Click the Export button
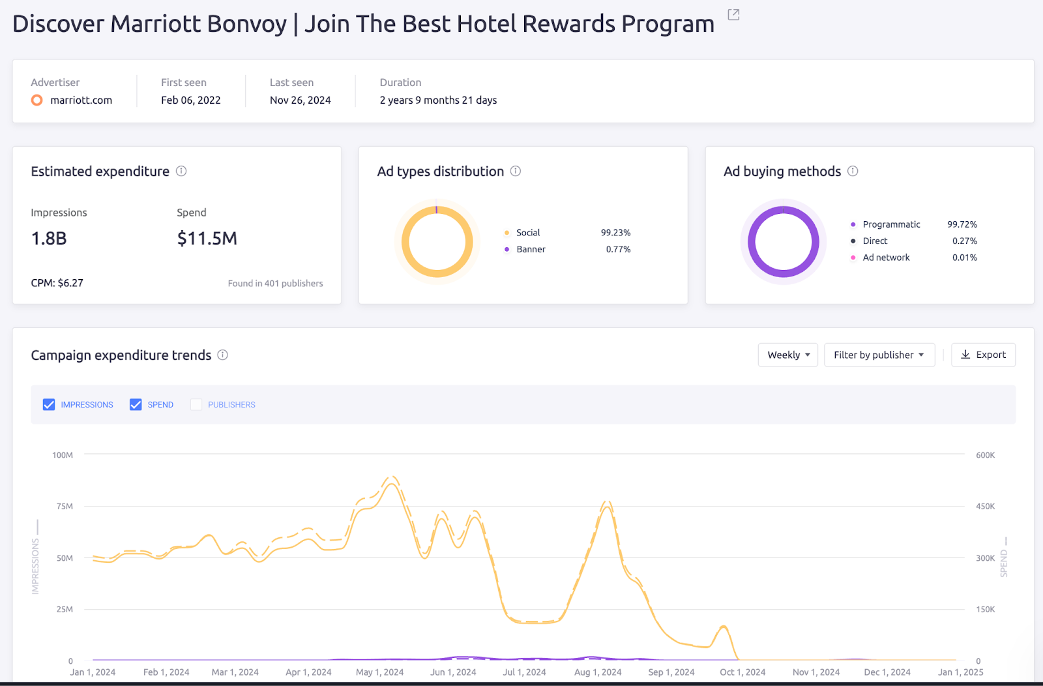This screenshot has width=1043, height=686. click(983, 355)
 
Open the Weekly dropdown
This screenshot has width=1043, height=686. click(787, 355)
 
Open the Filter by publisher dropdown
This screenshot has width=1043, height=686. click(879, 355)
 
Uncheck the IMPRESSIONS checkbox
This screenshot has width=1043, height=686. click(49, 405)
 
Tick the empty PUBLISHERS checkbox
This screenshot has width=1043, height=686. click(196, 405)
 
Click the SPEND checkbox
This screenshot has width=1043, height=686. click(136, 405)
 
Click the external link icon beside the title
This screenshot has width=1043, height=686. click(733, 14)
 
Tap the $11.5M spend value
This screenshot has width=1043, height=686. click(207, 239)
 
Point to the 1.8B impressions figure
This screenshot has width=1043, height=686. click(49, 239)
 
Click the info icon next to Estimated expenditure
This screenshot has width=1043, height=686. click(181, 171)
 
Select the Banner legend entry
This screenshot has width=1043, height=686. click(531, 249)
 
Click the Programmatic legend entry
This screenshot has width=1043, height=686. click(890, 224)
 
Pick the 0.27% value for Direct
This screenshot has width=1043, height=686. click(964, 241)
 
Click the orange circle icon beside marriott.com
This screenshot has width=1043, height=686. click(37, 100)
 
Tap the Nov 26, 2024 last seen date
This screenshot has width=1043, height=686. click(300, 100)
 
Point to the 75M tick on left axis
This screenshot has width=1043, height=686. click(65, 506)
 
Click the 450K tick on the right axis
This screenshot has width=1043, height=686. click(985, 506)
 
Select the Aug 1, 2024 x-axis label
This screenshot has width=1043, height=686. click(597, 672)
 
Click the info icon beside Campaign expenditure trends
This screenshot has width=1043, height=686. click(222, 355)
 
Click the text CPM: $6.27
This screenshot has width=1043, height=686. click(57, 283)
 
